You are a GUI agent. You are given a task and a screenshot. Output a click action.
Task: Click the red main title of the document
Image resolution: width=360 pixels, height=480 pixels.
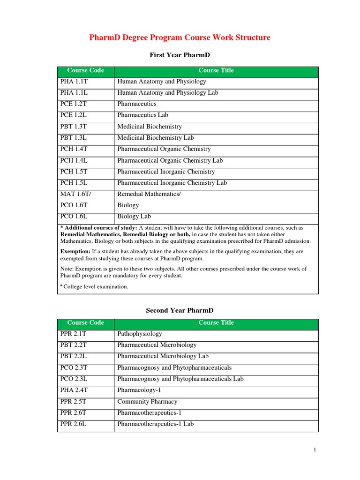tap(180, 37)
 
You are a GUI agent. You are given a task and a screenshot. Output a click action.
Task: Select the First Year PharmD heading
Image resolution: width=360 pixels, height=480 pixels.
tap(180, 55)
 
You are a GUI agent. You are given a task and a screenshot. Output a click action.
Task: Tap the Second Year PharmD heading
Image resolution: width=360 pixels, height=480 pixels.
tap(180, 310)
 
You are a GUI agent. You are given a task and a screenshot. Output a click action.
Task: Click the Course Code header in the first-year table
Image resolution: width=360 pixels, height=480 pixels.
tap(85, 71)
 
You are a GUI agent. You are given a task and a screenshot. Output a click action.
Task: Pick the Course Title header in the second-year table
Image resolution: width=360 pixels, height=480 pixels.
tap(216, 323)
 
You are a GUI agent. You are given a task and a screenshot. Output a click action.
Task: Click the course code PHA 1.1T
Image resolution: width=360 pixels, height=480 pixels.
tap(74, 82)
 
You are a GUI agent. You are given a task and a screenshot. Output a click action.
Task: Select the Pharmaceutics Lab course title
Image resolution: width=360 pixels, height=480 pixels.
tap(142, 115)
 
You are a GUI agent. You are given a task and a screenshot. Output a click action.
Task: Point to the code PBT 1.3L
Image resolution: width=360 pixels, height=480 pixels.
tap(74, 138)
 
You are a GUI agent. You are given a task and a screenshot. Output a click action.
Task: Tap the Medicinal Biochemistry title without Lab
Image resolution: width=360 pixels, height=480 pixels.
tap(150, 127)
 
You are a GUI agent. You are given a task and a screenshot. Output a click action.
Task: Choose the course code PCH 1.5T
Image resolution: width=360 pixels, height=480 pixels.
tap(74, 172)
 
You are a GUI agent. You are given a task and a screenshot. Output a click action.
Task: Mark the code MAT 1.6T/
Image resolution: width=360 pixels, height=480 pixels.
tap(75, 194)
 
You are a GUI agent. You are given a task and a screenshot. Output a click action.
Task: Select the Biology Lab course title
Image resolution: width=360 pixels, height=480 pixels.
tap(135, 217)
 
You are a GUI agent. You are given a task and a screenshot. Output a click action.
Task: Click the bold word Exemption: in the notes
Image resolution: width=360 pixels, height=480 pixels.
tap(75, 252)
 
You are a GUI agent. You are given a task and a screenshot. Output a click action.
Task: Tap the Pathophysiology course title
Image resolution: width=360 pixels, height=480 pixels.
tap(140, 334)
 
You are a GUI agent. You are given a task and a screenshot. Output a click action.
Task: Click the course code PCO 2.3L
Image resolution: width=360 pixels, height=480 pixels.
tap(74, 379)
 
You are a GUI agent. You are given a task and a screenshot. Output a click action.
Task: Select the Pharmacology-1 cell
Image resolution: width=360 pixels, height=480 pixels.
tap(139, 390)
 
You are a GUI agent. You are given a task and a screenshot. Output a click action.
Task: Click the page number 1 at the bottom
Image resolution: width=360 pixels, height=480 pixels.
tap(315, 450)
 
